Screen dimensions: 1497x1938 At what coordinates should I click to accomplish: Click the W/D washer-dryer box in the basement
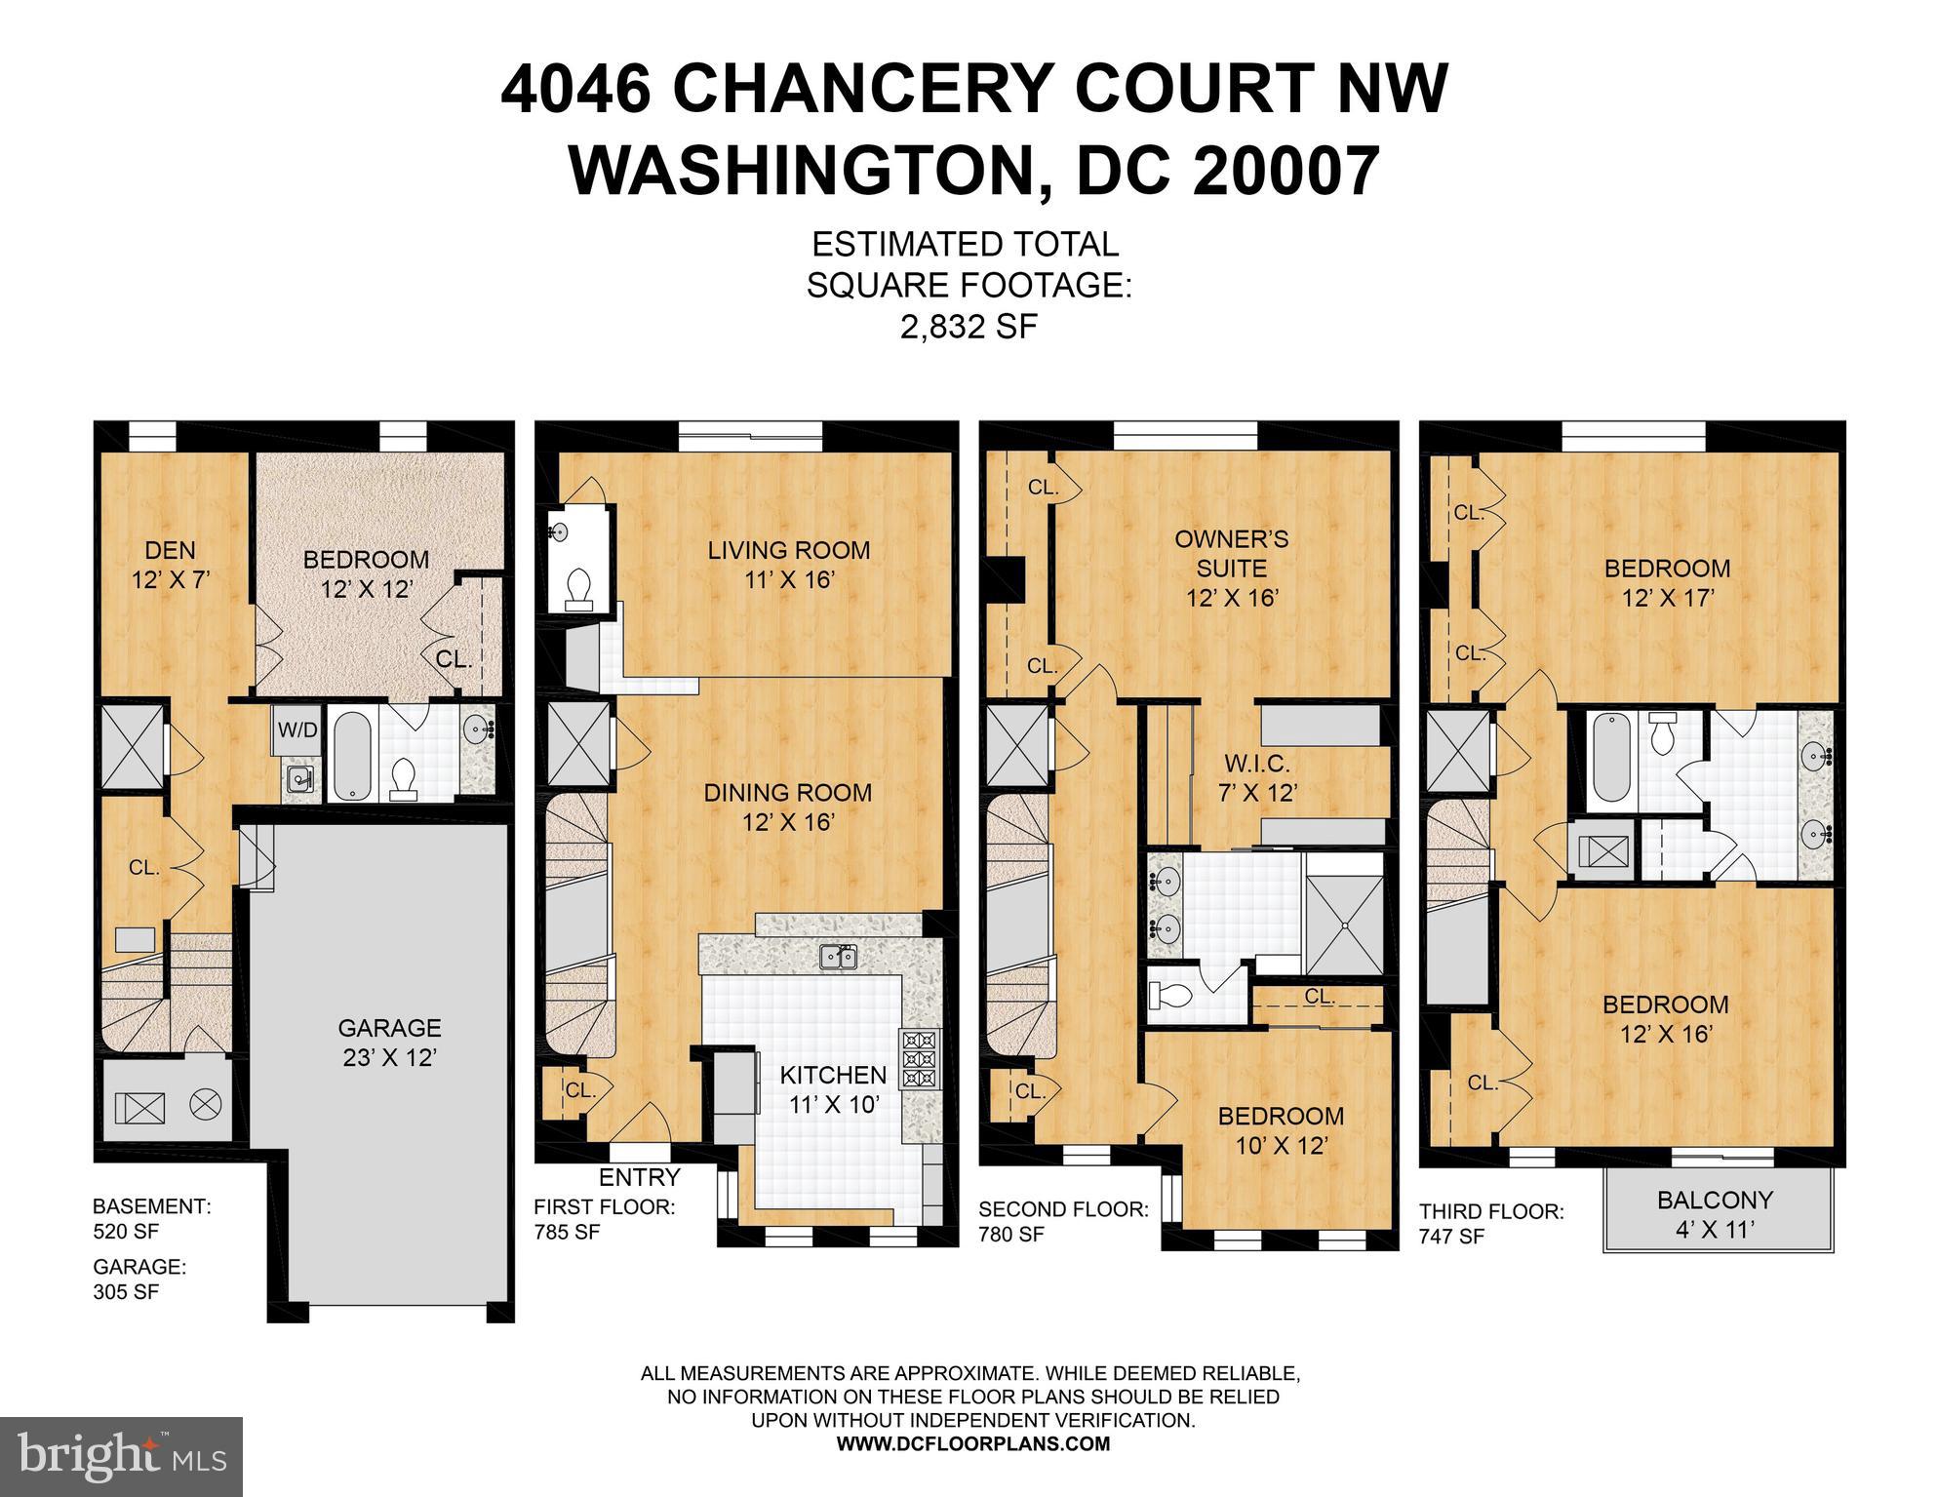297,730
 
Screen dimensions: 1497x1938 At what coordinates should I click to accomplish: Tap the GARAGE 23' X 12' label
389,1042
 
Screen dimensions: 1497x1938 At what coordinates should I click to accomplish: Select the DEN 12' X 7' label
171,566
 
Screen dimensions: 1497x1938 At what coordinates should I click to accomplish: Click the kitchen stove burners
920,1058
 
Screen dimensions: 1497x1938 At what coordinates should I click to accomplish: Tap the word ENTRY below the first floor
639,1177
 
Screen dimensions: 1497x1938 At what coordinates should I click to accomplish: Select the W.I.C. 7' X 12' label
1258,778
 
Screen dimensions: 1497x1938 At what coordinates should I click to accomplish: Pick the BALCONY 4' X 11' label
1715,1214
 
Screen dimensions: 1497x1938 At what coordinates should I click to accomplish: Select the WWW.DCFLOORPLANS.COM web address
972,1444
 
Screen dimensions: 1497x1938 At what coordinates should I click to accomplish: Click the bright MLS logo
121,1457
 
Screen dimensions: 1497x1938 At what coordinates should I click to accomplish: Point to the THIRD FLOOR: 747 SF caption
1490,1224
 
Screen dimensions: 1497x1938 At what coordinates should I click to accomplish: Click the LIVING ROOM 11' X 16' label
788,564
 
